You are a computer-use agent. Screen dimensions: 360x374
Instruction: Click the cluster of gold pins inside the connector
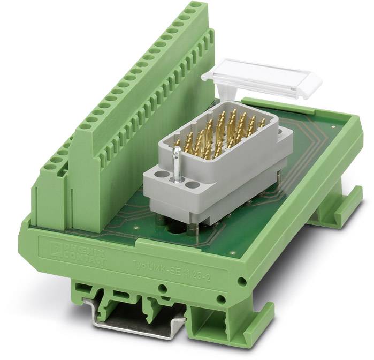click(x=219, y=133)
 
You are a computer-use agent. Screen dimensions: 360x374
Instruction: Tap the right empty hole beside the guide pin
click(x=190, y=186)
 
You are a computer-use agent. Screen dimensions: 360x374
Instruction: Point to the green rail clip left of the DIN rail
click(x=91, y=300)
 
